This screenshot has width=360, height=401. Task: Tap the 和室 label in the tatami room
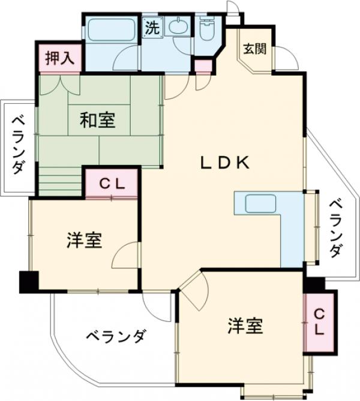(x=97, y=121)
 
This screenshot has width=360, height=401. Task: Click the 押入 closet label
(x=61, y=58)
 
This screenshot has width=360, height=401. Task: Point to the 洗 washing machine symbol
(x=152, y=28)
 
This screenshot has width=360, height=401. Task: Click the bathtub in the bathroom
(x=111, y=30)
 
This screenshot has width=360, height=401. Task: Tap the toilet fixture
(x=207, y=29)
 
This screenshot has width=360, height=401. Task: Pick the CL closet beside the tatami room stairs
(x=112, y=184)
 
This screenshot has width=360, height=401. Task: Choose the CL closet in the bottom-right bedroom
(x=319, y=322)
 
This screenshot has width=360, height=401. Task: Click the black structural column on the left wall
(x=28, y=282)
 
